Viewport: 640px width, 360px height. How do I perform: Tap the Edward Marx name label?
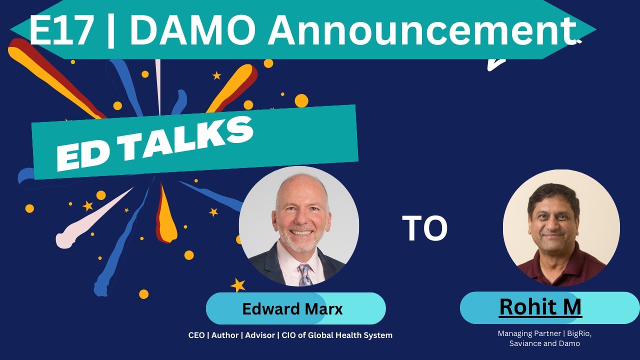point(292,309)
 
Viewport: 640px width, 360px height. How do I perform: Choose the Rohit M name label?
point(540,307)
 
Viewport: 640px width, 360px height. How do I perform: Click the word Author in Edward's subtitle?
point(224,335)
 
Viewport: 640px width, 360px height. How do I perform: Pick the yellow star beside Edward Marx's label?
point(238,285)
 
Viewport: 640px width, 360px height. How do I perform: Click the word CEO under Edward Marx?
point(196,335)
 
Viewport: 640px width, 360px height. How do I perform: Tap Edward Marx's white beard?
point(299,243)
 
